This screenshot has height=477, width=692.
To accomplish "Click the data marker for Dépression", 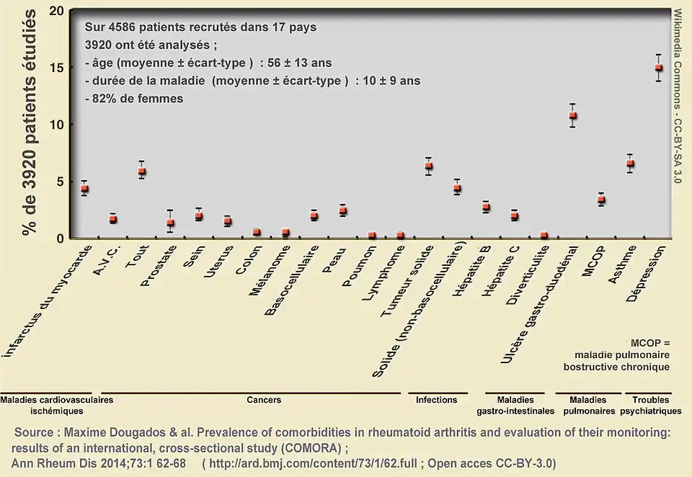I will [658, 68].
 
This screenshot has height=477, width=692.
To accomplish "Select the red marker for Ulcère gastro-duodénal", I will [572, 115].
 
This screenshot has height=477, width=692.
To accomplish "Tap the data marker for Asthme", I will [629, 164].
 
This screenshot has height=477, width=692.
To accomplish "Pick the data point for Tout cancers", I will [142, 171].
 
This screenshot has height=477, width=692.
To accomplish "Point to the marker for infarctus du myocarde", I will [84, 189].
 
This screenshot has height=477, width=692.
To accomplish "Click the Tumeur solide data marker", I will [428, 166].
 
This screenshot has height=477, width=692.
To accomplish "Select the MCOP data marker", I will [601, 200].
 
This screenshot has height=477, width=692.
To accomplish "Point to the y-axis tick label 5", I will [61, 182].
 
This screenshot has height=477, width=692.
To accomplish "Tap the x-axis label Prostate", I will [155, 266].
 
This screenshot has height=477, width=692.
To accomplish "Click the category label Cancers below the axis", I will [264, 400].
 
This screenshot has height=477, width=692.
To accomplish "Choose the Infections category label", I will [437, 400].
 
